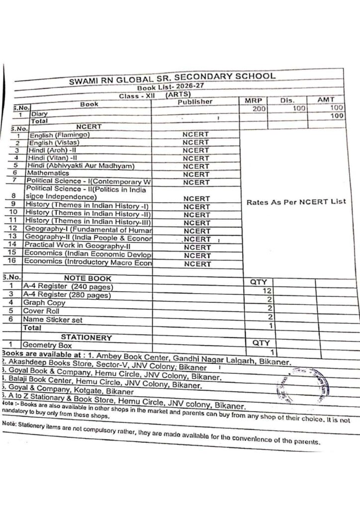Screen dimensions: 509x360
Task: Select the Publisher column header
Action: (x=195, y=102)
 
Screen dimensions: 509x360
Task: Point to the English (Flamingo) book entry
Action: (x=59, y=135)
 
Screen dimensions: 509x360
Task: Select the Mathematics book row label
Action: (x=48, y=172)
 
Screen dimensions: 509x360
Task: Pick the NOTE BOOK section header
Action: (x=88, y=278)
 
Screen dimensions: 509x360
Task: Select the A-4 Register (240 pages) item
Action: (x=68, y=287)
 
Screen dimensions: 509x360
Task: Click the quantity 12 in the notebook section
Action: (x=268, y=290)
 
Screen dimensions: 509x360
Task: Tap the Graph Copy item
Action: (x=44, y=302)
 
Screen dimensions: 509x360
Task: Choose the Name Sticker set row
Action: (x=53, y=320)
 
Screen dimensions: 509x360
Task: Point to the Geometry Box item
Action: (x=47, y=345)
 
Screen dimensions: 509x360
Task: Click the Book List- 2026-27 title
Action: (x=167, y=86)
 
